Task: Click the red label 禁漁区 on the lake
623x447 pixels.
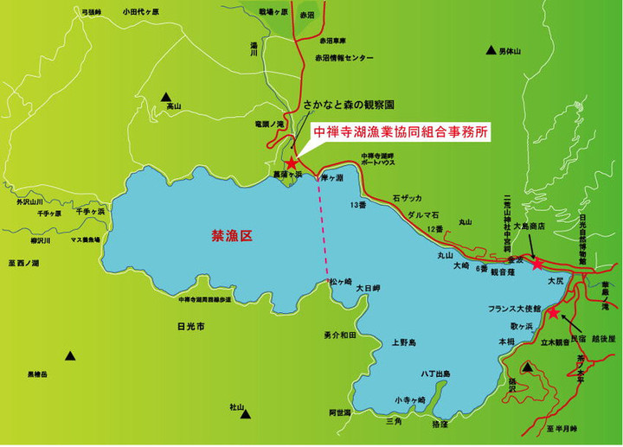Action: coord(230,235)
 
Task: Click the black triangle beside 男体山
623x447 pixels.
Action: coord(491,50)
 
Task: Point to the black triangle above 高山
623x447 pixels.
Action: coord(166,98)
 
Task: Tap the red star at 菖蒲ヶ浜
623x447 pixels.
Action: coord(292,163)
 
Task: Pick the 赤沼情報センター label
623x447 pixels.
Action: coord(346,58)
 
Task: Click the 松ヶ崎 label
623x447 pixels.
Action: coord(340,282)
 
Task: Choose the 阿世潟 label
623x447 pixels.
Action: coord(339,413)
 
